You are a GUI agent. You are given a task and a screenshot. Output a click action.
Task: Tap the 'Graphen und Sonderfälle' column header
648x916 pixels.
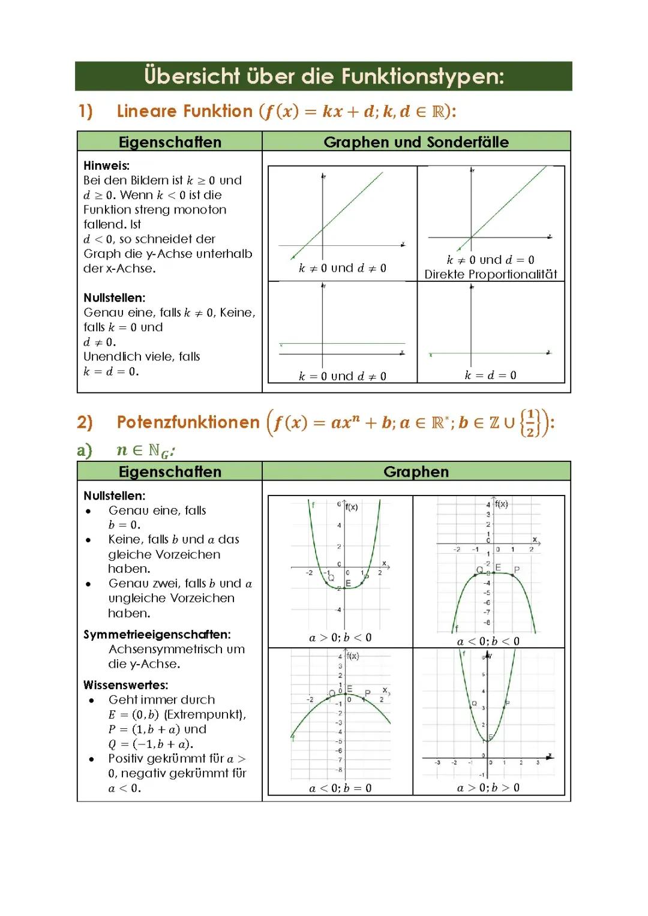pos(416,142)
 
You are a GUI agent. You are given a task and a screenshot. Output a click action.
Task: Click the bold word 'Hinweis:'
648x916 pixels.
pos(106,166)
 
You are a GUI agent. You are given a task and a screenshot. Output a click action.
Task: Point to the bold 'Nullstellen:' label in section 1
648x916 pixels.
pos(114,298)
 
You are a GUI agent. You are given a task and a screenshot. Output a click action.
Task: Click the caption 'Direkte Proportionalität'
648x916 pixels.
pos(491,274)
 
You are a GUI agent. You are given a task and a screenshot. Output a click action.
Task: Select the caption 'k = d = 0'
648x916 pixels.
pos(490,375)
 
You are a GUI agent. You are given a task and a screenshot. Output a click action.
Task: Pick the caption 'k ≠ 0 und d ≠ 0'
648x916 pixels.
pos(342,268)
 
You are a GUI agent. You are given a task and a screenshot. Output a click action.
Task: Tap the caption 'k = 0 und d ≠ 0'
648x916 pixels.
pos(342,376)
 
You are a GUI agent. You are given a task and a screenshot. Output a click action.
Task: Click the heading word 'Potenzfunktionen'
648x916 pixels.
pos(188,422)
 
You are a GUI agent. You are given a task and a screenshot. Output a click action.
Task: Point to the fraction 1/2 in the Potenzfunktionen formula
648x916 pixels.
pos(530,423)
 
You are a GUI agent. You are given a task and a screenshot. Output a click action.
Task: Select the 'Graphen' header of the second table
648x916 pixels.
pos(416,471)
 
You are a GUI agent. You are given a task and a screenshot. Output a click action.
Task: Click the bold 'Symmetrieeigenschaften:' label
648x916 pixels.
pos(157,634)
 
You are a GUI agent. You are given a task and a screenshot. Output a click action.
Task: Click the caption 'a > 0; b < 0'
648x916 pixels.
pos(340,637)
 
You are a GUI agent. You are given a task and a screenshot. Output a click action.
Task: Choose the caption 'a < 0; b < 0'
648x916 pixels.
pos(488,641)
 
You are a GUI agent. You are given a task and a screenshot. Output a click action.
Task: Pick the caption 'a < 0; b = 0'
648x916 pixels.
pos(340,788)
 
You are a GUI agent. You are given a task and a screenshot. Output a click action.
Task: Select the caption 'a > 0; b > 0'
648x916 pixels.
pos(488,788)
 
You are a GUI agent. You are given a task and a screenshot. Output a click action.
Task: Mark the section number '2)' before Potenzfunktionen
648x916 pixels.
pos(85,422)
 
